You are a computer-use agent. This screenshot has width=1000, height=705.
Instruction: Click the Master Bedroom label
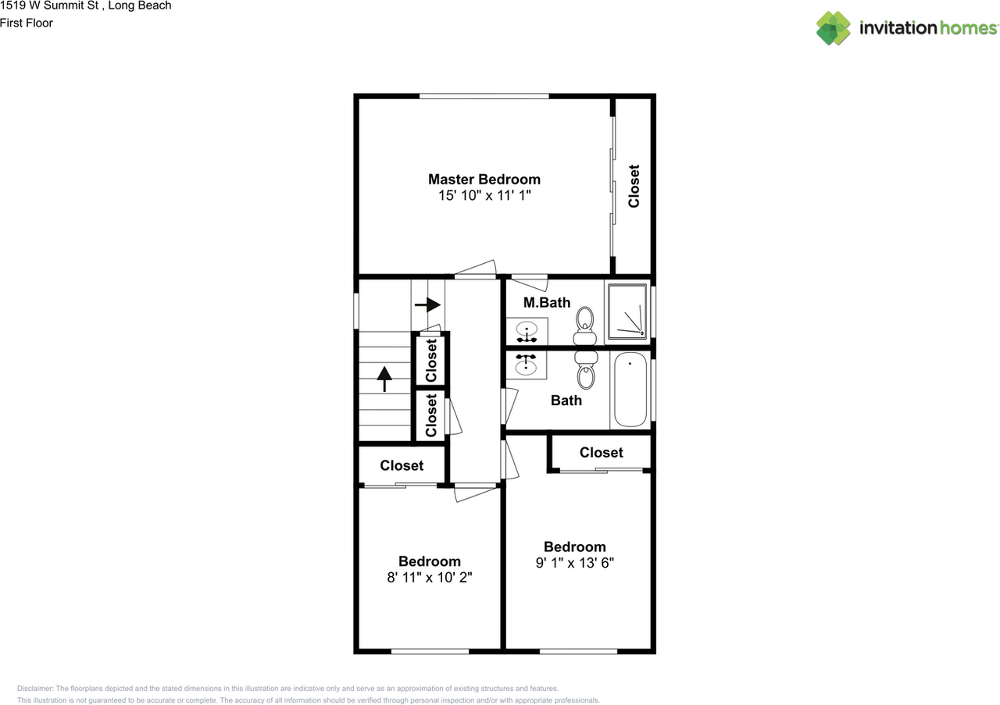(x=484, y=179)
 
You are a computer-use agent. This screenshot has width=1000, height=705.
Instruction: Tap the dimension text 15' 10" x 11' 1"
(x=484, y=196)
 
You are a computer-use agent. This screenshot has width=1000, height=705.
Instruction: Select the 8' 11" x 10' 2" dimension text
(x=429, y=578)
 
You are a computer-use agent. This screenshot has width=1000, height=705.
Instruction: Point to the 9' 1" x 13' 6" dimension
(x=574, y=563)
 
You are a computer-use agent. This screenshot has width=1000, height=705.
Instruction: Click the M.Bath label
(x=546, y=303)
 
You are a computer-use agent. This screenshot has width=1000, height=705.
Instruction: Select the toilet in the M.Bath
(x=585, y=326)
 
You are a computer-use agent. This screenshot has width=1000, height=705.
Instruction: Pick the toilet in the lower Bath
(x=585, y=369)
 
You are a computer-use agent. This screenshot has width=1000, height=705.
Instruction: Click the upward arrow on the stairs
(x=384, y=379)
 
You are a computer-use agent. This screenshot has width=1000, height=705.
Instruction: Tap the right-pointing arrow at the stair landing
(x=427, y=304)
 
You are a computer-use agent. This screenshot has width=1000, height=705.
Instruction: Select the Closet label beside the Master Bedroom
(x=634, y=186)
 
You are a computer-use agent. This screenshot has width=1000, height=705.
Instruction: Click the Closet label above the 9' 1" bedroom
(x=601, y=453)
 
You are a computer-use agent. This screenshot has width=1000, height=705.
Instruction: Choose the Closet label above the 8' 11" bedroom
(x=402, y=465)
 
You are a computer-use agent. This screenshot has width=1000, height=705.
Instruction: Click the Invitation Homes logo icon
(x=834, y=28)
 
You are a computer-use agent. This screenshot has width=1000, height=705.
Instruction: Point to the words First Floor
(x=27, y=23)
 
